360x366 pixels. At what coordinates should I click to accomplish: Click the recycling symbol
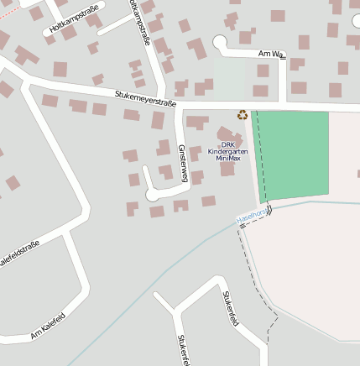click(243, 115)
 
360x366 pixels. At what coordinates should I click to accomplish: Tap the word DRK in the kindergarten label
click(228, 144)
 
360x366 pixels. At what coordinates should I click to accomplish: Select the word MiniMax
click(228, 158)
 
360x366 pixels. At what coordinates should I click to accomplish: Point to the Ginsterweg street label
click(183, 161)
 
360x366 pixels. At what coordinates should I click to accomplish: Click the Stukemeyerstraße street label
click(145, 100)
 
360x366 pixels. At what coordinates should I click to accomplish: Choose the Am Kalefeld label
click(48, 325)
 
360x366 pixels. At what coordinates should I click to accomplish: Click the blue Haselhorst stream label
click(252, 217)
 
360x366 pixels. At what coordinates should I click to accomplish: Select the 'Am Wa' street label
click(271, 55)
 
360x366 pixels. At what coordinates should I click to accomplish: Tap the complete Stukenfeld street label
click(232, 308)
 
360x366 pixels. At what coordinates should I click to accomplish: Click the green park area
click(294, 155)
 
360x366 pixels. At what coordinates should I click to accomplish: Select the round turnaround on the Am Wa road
click(220, 41)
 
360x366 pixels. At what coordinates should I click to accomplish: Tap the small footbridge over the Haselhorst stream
click(269, 210)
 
